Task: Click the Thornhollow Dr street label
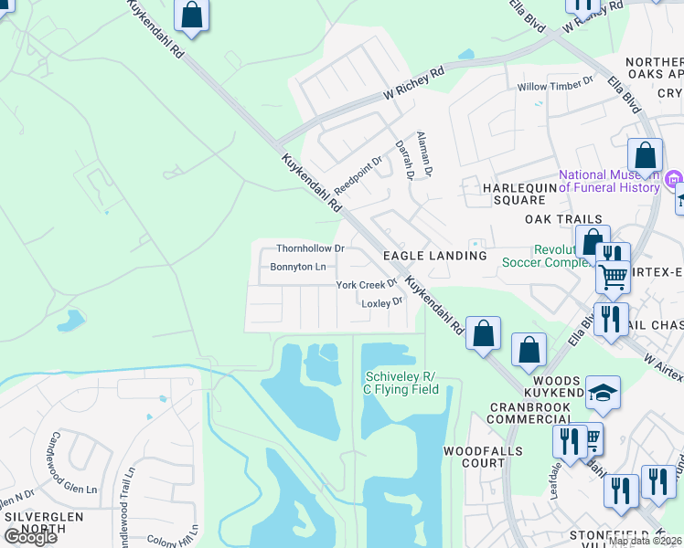click(x=310, y=248)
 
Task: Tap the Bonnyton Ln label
click(x=297, y=267)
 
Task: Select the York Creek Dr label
click(x=366, y=285)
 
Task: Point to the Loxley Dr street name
click(x=381, y=302)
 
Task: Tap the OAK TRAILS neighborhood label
click(x=563, y=219)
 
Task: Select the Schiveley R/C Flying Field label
click(x=402, y=383)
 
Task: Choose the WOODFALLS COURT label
click(x=483, y=457)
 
